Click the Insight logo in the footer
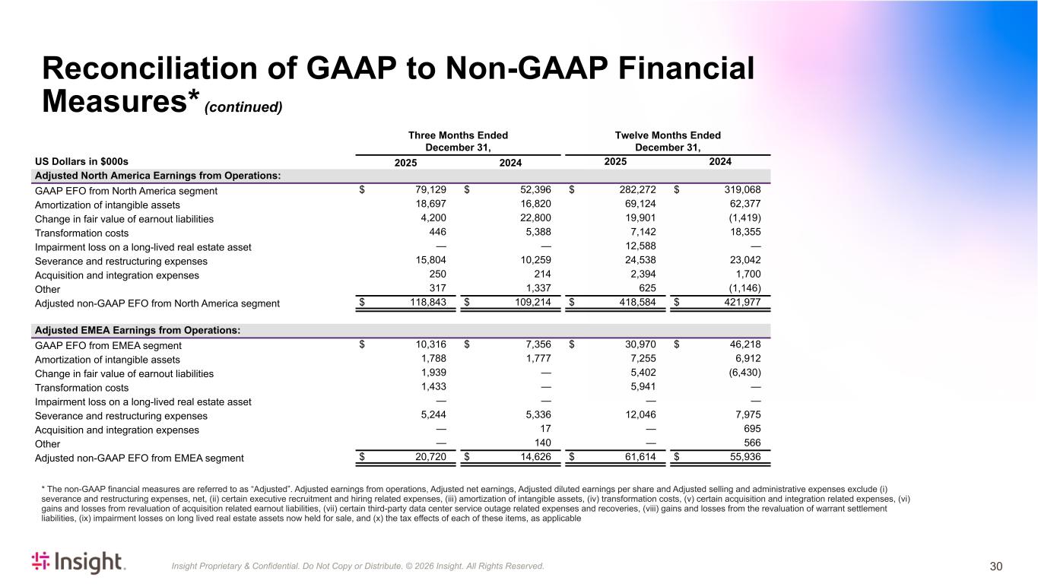78,563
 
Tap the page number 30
996,566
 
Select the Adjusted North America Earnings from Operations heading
157,176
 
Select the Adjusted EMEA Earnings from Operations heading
138,330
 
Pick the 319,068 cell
741,191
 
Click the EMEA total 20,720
431,457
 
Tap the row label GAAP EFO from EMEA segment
108,345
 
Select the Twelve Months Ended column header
667,141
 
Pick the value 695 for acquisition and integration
751,430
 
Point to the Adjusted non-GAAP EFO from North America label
157,303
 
